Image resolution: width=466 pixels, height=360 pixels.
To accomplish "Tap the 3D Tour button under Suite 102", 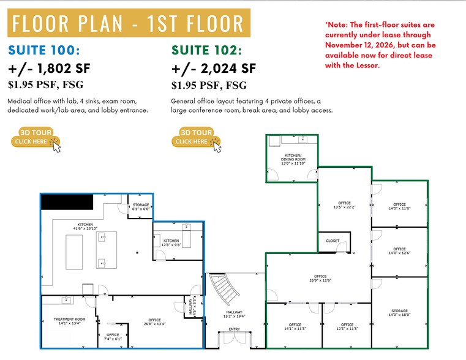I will click(195, 137).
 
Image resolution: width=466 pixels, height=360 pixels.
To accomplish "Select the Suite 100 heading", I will click(45, 50).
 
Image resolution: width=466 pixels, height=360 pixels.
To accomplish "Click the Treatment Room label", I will click(69, 321).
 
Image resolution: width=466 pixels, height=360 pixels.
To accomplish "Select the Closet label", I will click(333, 241).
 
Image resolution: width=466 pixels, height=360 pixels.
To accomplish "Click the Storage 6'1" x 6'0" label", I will click(141, 206).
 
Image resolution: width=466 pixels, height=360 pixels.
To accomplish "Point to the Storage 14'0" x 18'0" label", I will click(399, 313).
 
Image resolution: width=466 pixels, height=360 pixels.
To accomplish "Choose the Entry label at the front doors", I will click(235, 329).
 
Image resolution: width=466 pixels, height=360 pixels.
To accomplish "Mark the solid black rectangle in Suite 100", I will click(67, 201).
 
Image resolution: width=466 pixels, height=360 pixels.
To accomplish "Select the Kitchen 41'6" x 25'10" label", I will click(86, 227).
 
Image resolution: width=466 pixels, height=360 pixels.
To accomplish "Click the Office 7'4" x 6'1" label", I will click(113, 336).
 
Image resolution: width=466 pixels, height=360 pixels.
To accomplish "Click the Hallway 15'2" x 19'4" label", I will click(235, 314).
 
